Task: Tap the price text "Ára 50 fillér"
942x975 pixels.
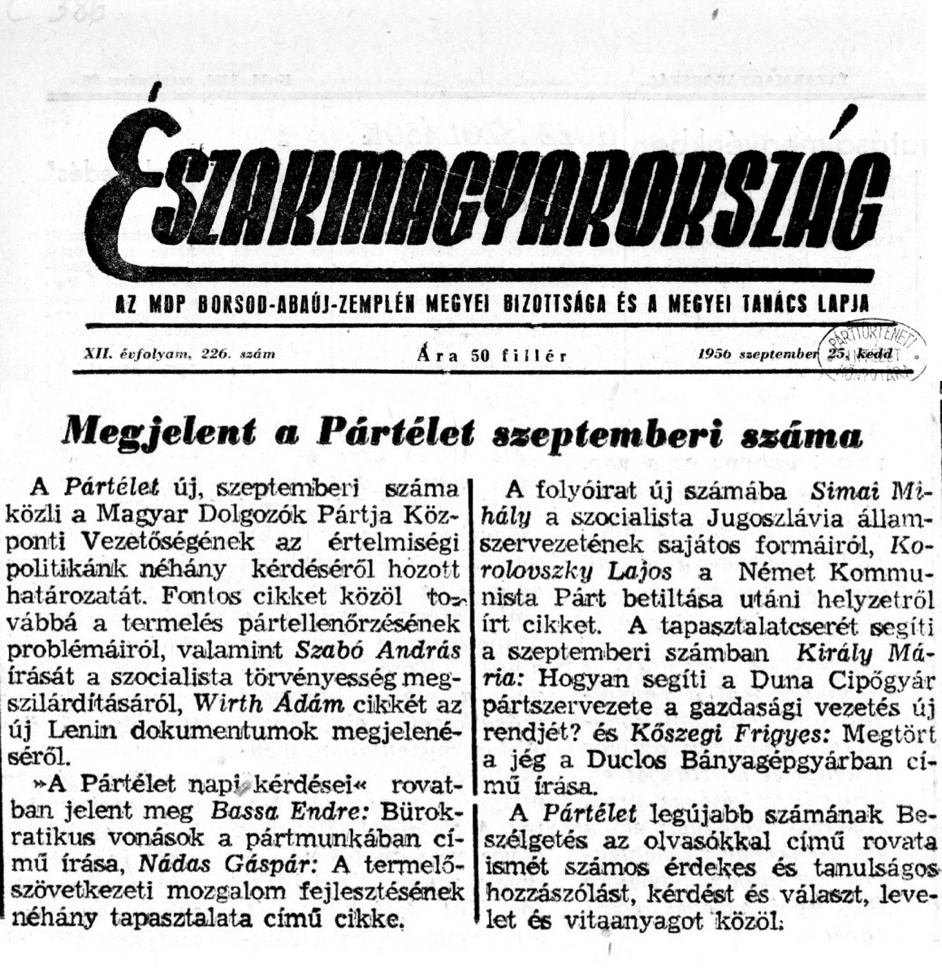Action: [x=490, y=355]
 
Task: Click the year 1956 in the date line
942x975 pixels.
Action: [x=714, y=354]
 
